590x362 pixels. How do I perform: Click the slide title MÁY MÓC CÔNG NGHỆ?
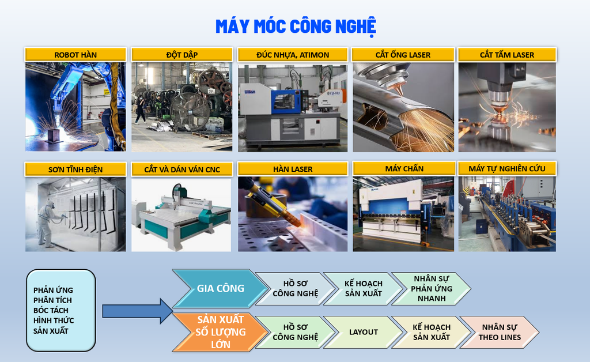point(296,27)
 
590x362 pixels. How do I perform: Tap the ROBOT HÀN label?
point(75,55)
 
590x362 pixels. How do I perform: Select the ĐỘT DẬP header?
point(181,55)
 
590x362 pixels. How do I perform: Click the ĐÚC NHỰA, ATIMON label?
point(293,55)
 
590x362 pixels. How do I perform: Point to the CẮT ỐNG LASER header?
point(403,55)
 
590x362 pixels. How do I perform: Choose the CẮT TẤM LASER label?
point(507,55)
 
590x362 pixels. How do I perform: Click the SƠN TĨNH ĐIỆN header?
point(75,169)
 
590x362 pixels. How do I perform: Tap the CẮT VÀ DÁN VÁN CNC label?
point(181,169)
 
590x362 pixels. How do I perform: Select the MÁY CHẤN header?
point(404,168)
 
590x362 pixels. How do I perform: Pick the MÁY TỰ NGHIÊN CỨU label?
point(507,168)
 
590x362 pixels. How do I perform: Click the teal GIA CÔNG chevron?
point(221,288)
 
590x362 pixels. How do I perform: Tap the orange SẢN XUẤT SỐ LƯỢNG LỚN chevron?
point(221,332)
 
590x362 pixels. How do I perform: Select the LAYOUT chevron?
point(363,332)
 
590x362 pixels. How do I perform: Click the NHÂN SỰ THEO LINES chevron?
point(500,332)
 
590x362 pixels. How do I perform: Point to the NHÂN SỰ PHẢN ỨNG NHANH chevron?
point(431,288)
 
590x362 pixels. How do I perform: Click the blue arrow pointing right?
point(137,311)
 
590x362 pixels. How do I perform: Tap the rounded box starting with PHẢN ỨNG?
point(61,311)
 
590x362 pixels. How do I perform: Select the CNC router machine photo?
point(181,214)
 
